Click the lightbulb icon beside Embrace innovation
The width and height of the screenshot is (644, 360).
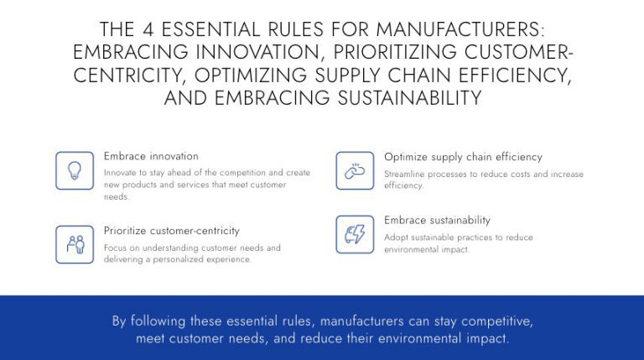click(75, 170)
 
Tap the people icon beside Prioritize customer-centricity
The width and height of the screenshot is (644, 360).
click(75, 244)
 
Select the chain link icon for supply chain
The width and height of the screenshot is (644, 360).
click(356, 170)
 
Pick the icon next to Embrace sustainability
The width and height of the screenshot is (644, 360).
click(356, 234)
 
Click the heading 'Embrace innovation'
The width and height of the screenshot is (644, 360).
click(151, 156)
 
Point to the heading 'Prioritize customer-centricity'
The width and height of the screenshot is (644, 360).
click(172, 231)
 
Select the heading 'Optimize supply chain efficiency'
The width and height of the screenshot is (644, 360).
click(463, 156)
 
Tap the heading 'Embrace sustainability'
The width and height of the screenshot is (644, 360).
click(437, 220)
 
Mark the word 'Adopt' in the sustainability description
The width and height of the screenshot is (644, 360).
click(396, 237)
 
